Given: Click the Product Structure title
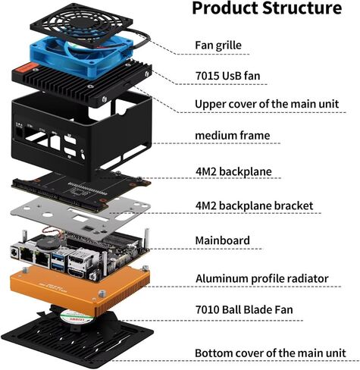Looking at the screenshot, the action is [267, 8].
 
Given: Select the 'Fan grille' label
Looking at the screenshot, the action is [218, 45].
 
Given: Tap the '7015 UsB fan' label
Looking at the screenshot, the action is [227, 76].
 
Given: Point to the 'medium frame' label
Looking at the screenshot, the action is [233, 136].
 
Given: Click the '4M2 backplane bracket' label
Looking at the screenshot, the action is [254, 205].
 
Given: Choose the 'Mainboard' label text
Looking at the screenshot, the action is [223, 240].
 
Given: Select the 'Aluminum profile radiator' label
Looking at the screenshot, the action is [262, 278].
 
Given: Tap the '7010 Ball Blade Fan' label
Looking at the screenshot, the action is [244, 309].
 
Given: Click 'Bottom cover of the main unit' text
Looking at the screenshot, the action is [271, 353].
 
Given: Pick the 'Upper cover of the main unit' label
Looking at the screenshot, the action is [267, 104].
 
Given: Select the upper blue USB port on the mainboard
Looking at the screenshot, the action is [58, 256].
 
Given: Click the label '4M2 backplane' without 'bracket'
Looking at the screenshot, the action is [233, 171].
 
